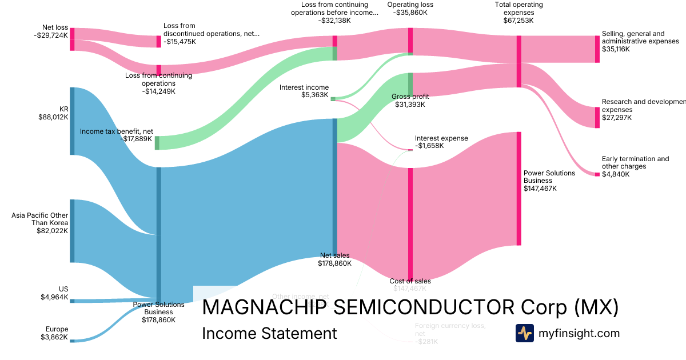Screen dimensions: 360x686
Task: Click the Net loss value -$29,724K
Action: pos(51,35)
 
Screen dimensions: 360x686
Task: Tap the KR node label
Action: pos(63,109)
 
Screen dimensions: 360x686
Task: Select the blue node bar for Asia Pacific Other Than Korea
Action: pos(73,231)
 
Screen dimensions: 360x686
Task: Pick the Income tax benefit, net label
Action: pos(117,135)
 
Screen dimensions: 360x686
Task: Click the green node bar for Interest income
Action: pos(333,99)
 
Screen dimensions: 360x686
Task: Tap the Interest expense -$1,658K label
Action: pos(441,142)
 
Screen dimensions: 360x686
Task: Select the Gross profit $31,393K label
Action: pos(410,101)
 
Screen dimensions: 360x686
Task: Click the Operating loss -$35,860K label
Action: pos(410,9)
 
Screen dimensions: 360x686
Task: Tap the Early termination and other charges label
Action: pos(635,162)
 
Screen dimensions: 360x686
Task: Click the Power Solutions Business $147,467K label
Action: pos(540,181)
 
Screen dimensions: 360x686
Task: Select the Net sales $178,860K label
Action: pos(334,259)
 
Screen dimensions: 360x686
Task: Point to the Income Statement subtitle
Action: pos(269,333)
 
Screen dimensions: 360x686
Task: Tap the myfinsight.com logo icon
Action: pos(524,333)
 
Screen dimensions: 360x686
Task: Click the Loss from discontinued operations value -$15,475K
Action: pos(182,42)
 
